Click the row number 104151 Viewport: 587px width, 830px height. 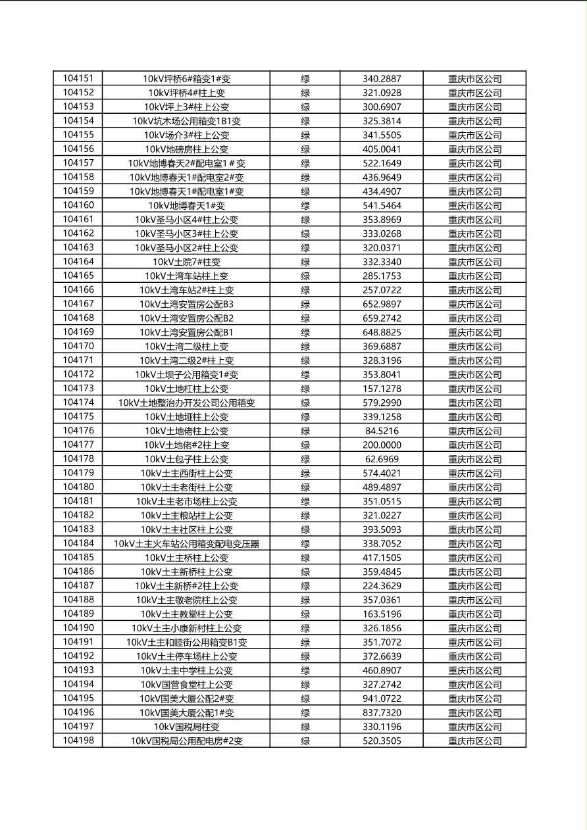tap(78, 78)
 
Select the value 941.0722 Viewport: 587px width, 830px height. tap(382, 698)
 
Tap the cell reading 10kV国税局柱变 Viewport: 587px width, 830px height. tap(186, 727)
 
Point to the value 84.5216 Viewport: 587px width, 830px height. tap(382, 431)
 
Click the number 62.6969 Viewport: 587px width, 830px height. tap(382, 459)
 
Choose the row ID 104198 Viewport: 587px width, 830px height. tap(78, 741)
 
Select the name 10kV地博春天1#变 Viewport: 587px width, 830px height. tap(186, 205)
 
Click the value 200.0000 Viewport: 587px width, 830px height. tap(382, 445)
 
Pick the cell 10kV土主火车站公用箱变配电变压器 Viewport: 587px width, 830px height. tap(186, 544)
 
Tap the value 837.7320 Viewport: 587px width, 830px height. tap(382, 713)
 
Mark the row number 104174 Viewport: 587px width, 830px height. tap(78, 403)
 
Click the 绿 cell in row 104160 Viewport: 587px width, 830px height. tap(305, 205)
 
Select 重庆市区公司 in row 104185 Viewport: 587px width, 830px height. tap(474, 558)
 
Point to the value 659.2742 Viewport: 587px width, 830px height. tap(382, 318)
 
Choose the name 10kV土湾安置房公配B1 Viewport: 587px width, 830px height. tap(186, 332)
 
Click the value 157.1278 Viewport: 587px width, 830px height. tap(382, 389)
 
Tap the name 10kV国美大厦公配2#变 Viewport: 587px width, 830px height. tap(186, 698)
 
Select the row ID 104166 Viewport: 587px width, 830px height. tap(78, 290)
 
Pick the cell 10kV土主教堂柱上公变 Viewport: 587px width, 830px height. tap(186, 614)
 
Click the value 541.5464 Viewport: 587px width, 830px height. tap(382, 205)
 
